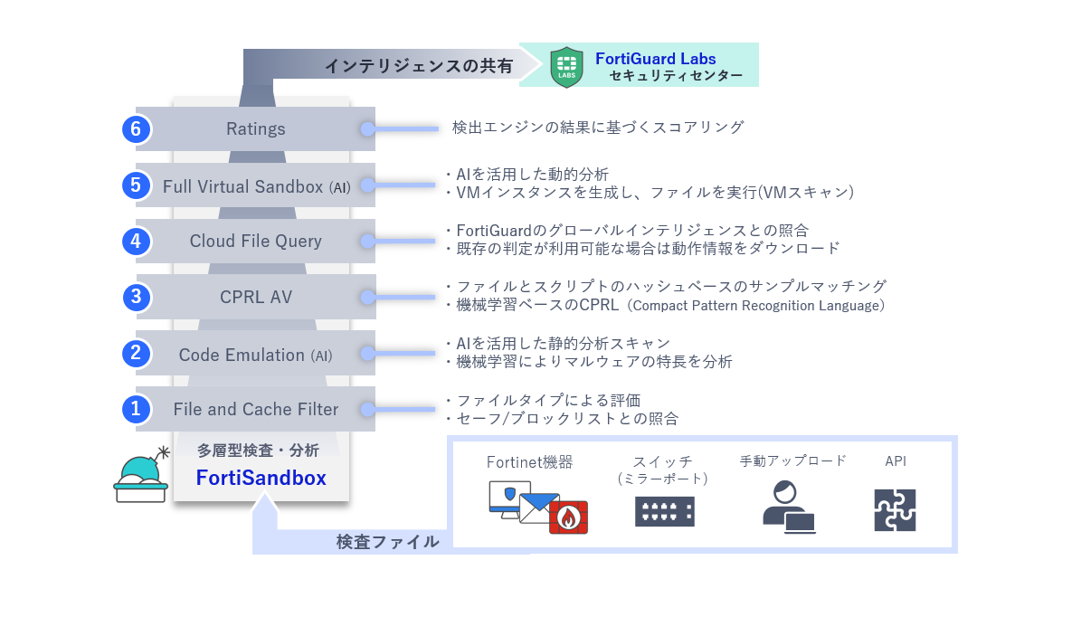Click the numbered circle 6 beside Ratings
[136, 129]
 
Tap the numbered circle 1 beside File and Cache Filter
[136, 409]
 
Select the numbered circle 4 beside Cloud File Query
[136, 242]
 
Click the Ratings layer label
[256, 129]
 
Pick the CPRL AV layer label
[256, 297]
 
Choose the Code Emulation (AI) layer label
[256, 355]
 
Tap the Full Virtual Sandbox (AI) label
[256, 186]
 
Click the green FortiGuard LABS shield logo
[566, 66]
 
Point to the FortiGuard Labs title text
[655, 59]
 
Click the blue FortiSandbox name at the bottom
[261, 478]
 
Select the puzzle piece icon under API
[895, 510]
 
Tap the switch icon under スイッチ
[665, 511]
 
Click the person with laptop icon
[787, 508]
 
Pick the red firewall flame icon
[568, 517]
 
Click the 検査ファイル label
[387, 542]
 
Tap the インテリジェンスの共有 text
[418, 66]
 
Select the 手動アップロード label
[792, 460]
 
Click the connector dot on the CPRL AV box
[367, 297]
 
